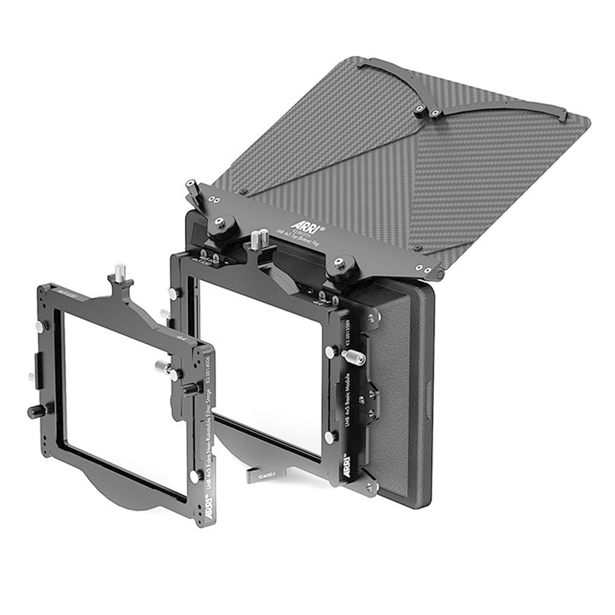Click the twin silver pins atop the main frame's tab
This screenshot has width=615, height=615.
pos(259,239)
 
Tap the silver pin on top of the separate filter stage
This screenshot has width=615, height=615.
pos(120,272)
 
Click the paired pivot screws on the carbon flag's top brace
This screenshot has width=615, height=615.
pos(428,110)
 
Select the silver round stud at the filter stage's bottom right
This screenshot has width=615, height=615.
pos(195,476)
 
